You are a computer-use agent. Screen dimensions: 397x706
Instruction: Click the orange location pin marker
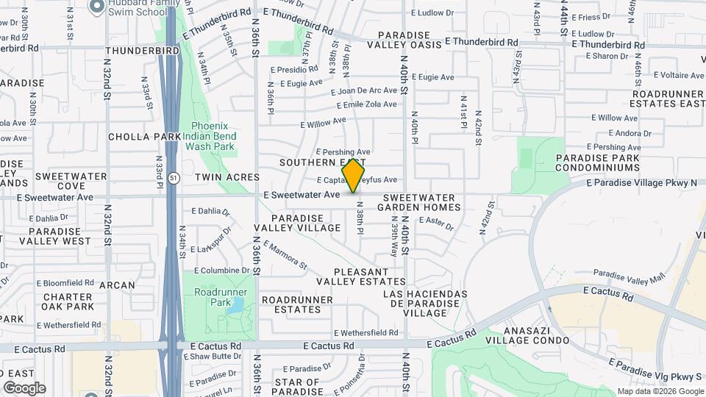354,176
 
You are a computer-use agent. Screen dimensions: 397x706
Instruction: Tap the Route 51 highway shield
171,177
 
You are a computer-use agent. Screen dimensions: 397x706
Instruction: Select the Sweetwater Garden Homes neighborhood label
421,202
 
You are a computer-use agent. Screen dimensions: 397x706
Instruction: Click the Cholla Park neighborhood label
144,137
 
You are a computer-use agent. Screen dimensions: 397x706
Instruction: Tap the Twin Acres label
227,177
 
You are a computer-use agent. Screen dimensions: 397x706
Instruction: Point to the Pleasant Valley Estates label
361,276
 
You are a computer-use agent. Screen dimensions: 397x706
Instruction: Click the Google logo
24,387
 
